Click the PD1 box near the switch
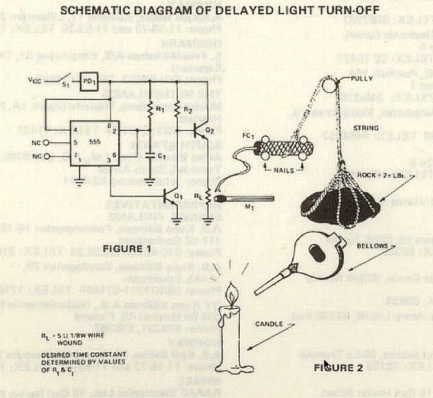tap(89, 82)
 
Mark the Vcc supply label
tap(35, 79)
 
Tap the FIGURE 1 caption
tap(127, 247)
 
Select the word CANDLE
tap(271, 324)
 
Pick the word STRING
tap(365, 127)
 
